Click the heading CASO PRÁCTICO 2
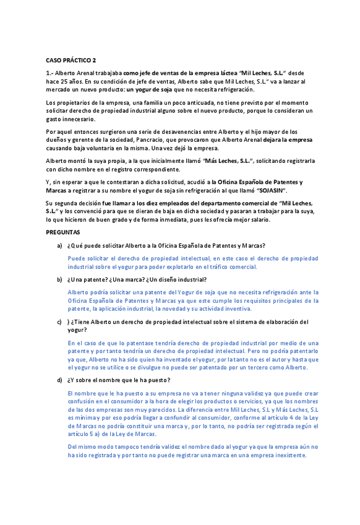71,60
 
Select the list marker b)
59,279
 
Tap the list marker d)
59,380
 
